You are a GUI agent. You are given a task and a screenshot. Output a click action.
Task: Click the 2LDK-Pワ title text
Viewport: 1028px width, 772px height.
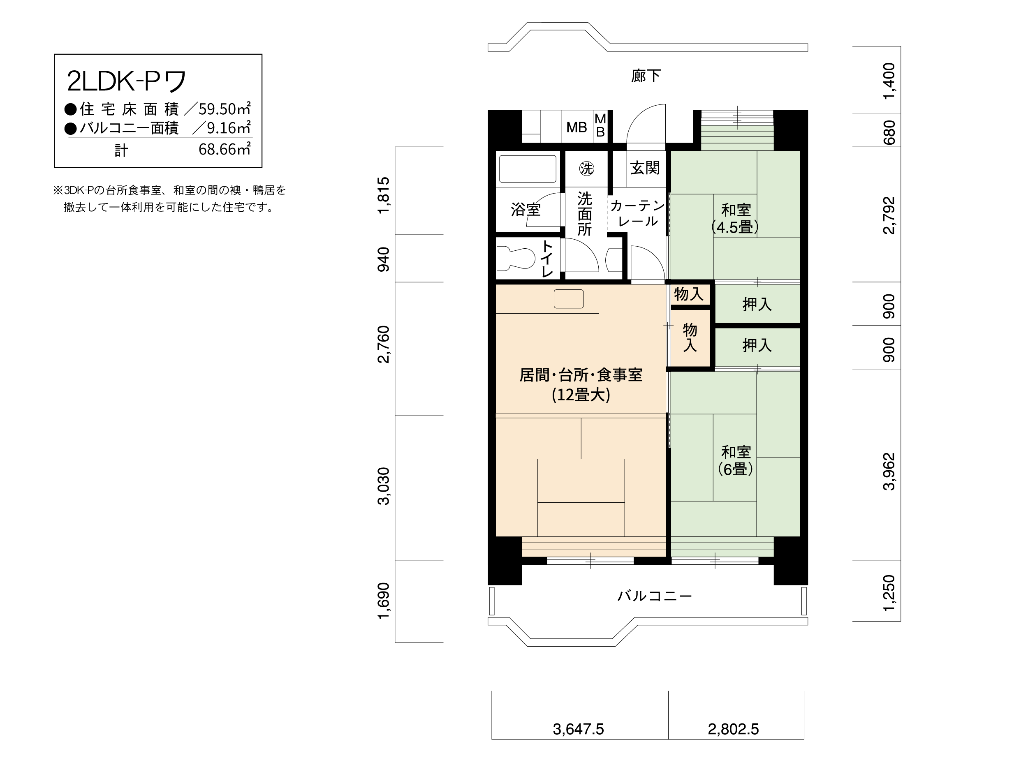point(126,81)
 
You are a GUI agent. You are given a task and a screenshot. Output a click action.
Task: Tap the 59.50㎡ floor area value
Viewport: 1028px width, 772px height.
point(225,109)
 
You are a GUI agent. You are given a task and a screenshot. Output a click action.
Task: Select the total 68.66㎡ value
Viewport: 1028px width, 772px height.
point(225,150)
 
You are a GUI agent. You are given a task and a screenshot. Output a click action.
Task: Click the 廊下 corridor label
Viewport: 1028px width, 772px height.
point(646,76)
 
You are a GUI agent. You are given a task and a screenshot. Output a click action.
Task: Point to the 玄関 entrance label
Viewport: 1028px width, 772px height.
point(645,168)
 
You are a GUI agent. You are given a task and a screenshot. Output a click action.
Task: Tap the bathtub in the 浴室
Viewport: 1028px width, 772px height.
point(528,169)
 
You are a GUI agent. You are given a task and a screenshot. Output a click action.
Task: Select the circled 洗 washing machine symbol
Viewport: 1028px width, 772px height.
point(586,168)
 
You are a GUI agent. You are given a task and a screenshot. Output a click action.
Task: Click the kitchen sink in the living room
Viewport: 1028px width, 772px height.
point(568,299)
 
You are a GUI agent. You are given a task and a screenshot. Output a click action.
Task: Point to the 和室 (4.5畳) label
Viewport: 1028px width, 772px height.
point(735,218)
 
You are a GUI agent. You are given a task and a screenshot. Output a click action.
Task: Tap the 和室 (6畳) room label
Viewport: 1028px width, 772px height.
point(735,460)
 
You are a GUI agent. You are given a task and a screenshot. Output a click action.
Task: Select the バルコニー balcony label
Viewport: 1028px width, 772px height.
point(654,596)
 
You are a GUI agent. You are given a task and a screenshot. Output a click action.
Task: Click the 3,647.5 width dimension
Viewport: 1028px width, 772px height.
point(578,729)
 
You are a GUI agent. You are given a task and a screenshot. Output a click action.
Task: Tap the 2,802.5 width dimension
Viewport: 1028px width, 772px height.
point(733,729)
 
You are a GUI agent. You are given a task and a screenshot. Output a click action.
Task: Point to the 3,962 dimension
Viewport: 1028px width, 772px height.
point(889,471)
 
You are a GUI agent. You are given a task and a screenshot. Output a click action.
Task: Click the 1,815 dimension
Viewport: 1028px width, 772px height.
point(384,195)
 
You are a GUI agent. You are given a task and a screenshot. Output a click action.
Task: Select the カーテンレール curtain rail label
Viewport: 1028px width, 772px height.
point(638,213)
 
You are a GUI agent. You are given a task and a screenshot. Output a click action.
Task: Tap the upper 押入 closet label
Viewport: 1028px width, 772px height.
point(757,305)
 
